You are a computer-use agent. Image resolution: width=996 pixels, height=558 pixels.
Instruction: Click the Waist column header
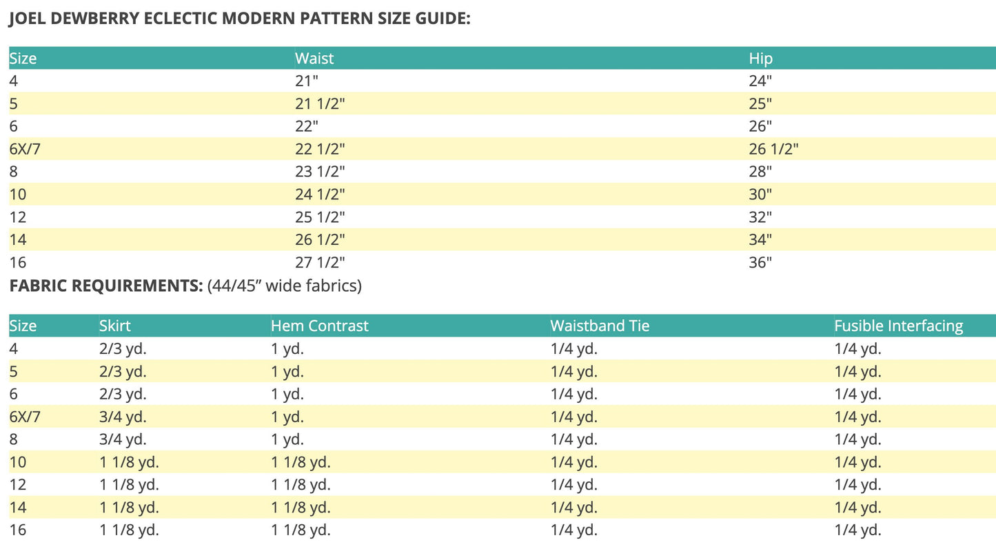click(314, 59)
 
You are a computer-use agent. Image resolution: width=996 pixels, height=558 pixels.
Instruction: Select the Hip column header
click(761, 59)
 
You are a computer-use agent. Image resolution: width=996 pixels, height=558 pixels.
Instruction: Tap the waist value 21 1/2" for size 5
click(320, 103)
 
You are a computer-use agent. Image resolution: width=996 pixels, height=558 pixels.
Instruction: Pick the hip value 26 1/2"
click(773, 149)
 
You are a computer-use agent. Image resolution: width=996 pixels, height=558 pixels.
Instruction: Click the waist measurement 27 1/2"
click(320, 263)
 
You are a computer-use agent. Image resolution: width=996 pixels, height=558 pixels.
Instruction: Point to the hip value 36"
click(760, 263)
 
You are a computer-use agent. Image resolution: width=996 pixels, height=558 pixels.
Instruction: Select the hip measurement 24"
click(760, 81)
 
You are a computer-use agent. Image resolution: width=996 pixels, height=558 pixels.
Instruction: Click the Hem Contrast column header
click(320, 326)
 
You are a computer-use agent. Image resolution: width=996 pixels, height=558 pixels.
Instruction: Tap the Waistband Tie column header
click(600, 326)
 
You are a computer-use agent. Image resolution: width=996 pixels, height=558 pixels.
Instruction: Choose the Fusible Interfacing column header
click(898, 326)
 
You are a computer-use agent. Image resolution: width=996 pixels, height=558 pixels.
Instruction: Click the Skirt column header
click(114, 326)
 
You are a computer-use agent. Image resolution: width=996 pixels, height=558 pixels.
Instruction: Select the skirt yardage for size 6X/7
click(123, 417)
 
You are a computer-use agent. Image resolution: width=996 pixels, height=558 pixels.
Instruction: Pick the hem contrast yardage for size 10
click(301, 462)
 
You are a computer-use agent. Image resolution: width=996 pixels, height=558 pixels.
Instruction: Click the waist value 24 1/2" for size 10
click(320, 195)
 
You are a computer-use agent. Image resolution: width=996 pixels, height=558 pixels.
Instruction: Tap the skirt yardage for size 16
click(129, 530)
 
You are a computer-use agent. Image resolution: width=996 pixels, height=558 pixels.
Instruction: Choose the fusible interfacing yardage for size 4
click(857, 348)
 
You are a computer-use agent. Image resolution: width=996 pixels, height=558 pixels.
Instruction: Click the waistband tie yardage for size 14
click(573, 508)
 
